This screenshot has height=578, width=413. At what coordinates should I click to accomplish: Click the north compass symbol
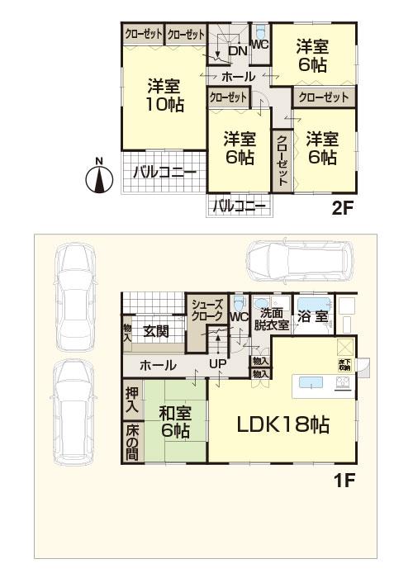pyautogui.click(x=99, y=178)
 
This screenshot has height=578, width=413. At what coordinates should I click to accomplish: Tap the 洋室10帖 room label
pyautogui.click(x=165, y=94)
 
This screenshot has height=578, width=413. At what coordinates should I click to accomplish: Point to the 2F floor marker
pyautogui.click(x=343, y=208)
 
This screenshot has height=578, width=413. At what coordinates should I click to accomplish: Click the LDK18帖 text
pyautogui.click(x=284, y=425)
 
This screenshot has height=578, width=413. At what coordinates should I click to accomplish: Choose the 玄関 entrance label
pyautogui.click(x=156, y=332)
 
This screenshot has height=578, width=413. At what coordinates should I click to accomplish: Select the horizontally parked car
pyautogui.click(x=297, y=263)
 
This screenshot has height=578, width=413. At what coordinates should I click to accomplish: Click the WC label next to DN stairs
pyautogui.click(x=259, y=45)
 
